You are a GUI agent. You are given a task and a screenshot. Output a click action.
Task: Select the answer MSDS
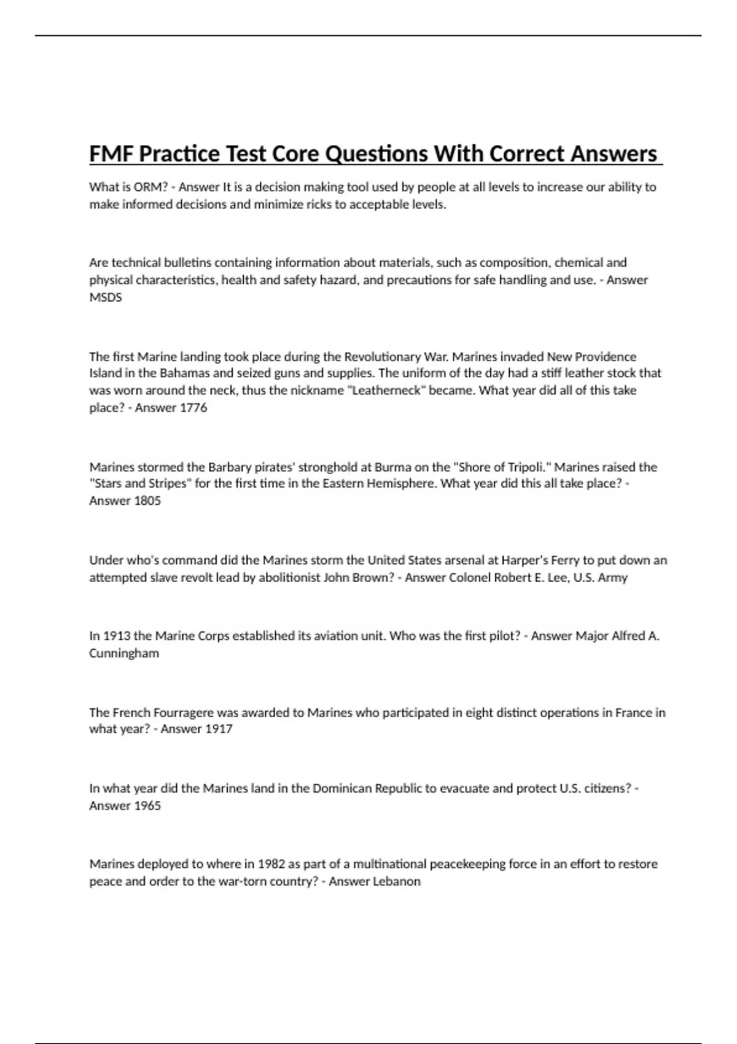tap(106, 297)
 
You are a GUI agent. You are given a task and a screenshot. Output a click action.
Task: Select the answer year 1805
tap(147, 501)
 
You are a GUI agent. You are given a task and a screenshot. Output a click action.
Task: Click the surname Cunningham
tap(124, 653)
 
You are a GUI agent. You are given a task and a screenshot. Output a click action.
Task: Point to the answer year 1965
tap(147, 805)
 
